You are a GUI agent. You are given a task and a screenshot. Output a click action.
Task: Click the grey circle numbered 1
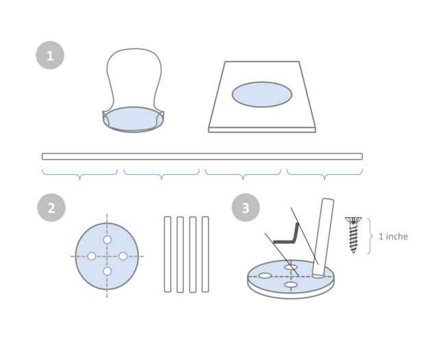click(x=50, y=56)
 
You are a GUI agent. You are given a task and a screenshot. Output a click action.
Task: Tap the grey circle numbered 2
click(x=51, y=208)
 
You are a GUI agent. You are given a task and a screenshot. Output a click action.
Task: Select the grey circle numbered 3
click(x=245, y=208)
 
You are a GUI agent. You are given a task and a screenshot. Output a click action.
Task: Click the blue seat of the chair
click(x=133, y=119)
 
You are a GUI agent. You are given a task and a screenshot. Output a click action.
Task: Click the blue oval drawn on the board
click(x=262, y=95)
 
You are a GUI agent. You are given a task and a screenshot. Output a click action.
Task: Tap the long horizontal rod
click(x=202, y=156)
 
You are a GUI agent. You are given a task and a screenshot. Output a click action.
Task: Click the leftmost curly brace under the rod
click(x=80, y=173)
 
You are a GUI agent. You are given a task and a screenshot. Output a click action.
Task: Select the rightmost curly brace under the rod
click(x=325, y=173)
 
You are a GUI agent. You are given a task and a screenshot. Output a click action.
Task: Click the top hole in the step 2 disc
click(x=108, y=240)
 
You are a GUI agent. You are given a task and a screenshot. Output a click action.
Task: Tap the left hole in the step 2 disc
click(x=92, y=256)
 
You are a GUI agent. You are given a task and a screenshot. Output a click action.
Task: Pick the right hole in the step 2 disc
click(x=123, y=256)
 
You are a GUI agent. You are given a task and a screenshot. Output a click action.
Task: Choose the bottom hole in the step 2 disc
click(x=108, y=271)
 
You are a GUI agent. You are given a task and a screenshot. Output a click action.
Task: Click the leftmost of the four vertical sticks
click(x=167, y=254)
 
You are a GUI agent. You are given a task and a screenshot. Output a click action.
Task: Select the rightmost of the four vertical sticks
click(x=206, y=254)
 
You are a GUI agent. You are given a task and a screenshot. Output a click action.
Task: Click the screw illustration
click(x=353, y=235)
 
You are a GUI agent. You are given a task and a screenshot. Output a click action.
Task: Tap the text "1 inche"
click(x=393, y=237)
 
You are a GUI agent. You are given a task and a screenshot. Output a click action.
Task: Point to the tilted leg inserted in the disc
click(x=323, y=237)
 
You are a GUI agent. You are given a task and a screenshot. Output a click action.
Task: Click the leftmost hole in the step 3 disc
click(x=265, y=276)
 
